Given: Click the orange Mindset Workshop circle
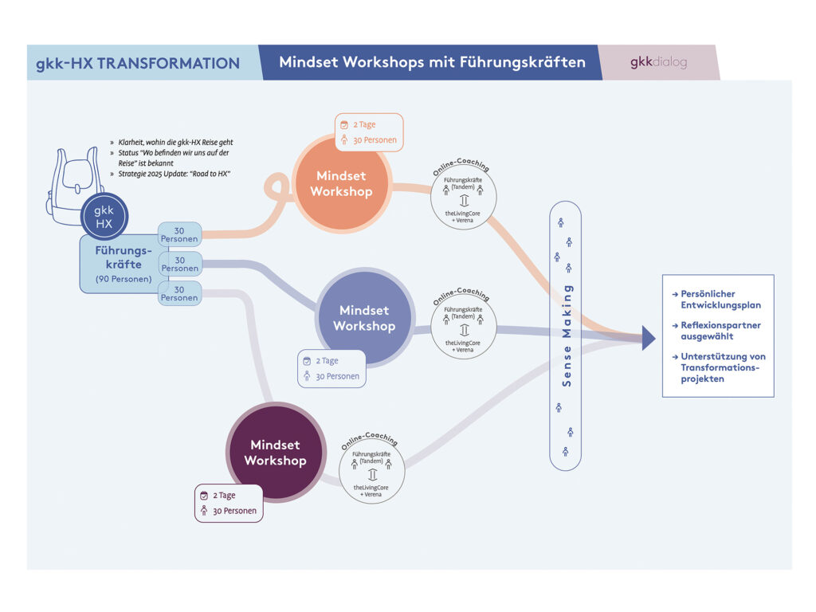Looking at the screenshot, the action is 341,183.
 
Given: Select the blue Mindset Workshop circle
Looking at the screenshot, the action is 364,318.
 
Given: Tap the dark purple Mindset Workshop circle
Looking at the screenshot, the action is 275,453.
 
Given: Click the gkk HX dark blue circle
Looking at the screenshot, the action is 104,217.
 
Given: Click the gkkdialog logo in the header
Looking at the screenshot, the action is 658,62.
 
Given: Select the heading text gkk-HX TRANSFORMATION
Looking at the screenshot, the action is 138,63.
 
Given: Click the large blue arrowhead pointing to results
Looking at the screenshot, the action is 648,338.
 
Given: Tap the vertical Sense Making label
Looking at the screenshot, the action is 567,335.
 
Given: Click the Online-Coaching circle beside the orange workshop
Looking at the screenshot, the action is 463,197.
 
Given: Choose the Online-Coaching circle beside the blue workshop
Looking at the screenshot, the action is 463,326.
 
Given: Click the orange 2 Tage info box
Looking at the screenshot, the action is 369,132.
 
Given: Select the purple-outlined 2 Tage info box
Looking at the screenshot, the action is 229,504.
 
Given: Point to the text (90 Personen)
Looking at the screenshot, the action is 124,279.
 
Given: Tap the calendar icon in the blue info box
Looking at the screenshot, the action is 307,361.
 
